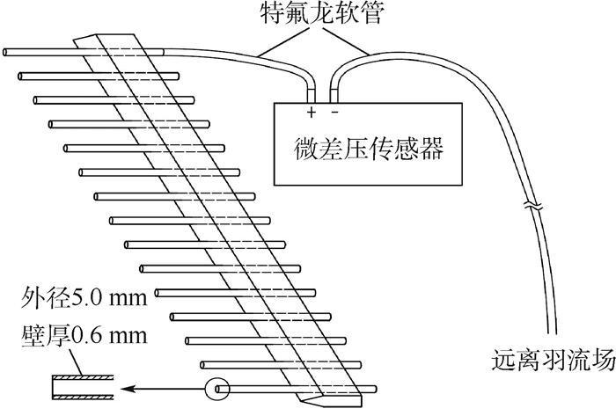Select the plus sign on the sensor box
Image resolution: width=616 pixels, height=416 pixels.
[x=311, y=113]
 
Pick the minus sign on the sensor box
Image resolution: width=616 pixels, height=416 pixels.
[x=334, y=113]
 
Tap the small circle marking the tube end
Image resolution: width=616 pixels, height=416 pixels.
[x=215, y=387]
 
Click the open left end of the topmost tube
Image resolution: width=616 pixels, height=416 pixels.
[x=6, y=53]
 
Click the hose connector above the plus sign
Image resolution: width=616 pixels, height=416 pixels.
[x=311, y=92]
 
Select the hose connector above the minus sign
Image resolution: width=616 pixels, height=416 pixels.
[x=334, y=92]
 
